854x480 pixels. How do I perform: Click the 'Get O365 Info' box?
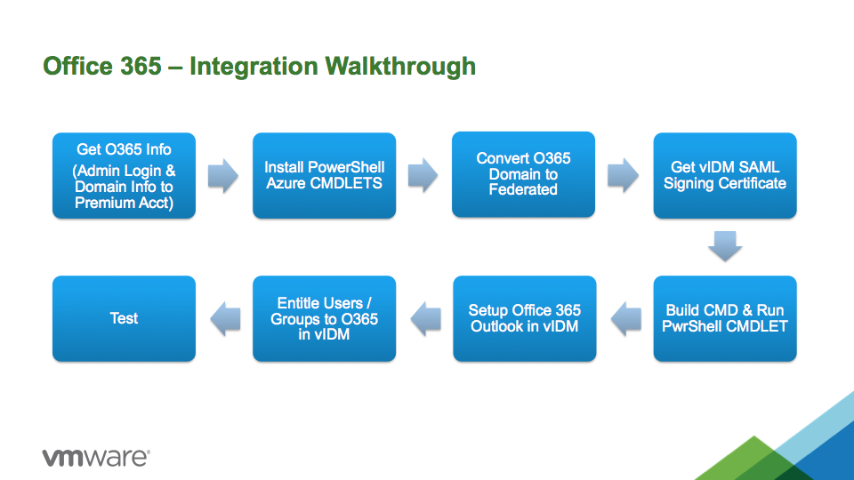point(125,176)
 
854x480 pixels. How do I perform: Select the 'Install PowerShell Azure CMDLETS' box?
point(324,176)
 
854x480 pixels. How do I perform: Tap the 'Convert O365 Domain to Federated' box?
point(523,175)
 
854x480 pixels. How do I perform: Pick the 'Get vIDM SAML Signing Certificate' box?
point(725,176)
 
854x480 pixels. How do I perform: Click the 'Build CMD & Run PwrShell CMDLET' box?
point(725,319)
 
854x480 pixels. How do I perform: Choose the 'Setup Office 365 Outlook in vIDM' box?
point(525,319)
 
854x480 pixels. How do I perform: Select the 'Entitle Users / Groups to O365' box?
point(324,319)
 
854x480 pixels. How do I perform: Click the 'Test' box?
point(125,319)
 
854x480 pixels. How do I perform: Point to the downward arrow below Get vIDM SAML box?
point(725,246)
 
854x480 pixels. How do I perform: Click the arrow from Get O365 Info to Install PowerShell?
point(223,176)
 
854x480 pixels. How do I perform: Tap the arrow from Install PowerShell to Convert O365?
point(423,175)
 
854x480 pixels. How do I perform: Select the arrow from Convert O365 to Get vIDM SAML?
point(623,175)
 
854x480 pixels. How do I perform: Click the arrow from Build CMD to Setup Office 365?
point(625,319)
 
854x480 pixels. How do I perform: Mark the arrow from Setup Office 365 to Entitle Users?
point(425,319)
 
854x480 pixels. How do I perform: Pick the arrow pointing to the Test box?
point(225,319)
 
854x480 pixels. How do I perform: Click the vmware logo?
point(96,457)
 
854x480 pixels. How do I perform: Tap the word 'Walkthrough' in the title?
point(400,67)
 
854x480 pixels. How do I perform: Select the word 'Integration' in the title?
point(254,68)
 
